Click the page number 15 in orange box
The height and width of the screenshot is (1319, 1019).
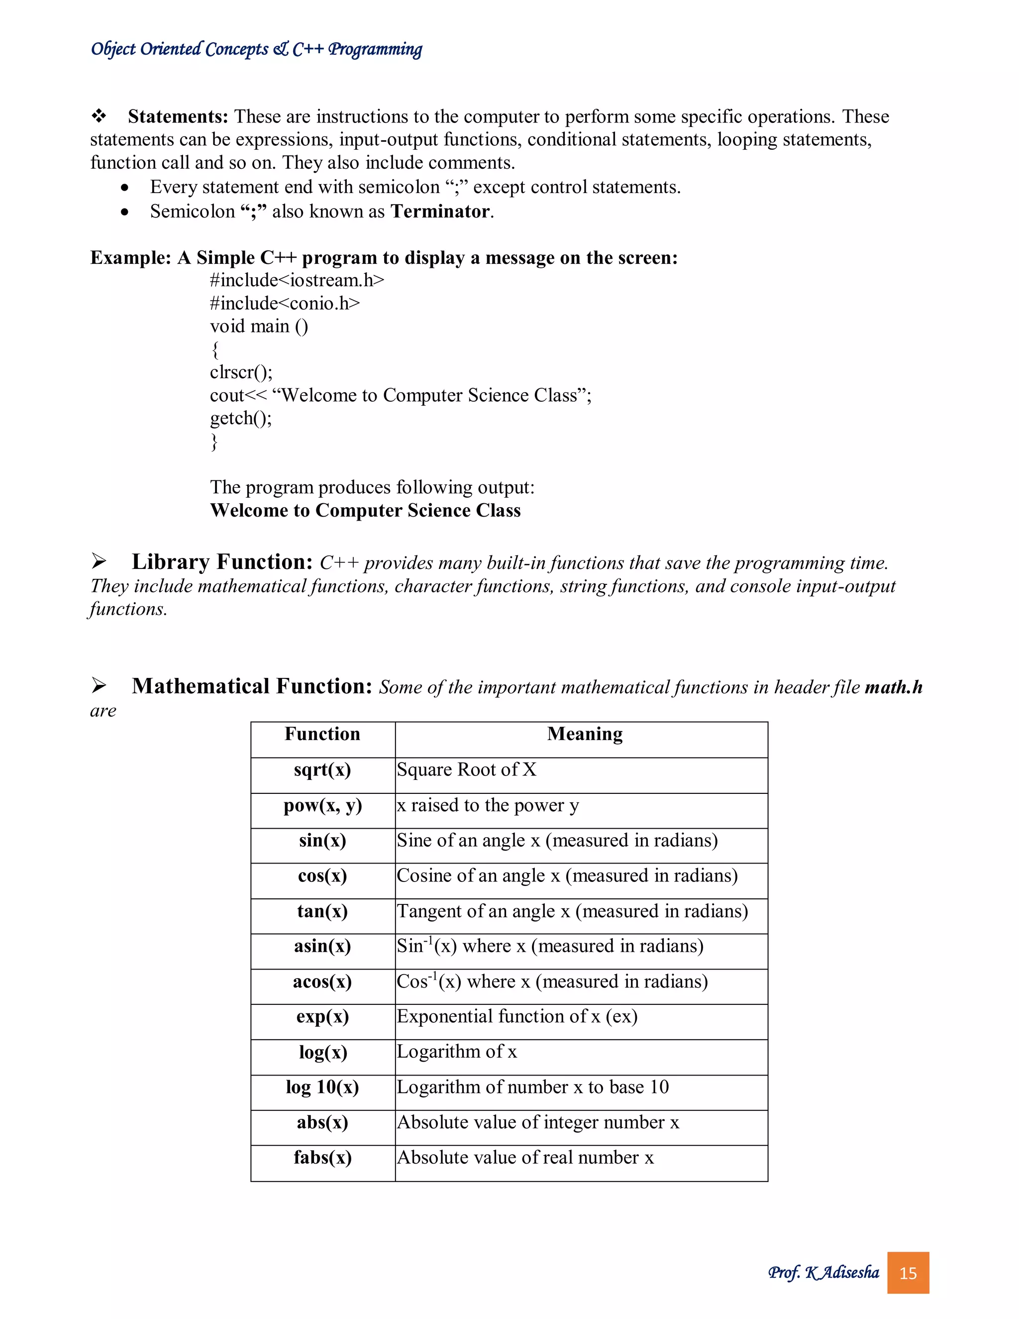pyautogui.click(x=908, y=1273)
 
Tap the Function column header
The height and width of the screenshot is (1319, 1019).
pyautogui.click(x=322, y=734)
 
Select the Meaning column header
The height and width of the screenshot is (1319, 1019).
pyautogui.click(x=584, y=734)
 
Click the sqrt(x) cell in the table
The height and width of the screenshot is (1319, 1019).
pyautogui.click(x=322, y=770)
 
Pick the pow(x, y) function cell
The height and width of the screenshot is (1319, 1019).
pyautogui.click(x=322, y=806)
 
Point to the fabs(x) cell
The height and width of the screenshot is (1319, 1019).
pyautogui.click(x=322, y=1158)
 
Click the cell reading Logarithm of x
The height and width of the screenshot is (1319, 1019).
pyautogui.click(x=457, y=1052)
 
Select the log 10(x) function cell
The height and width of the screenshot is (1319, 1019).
pyautogui.click(x=322, y=1087)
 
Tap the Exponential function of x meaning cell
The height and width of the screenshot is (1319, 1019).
pyautogui.click(x=517, y=1016)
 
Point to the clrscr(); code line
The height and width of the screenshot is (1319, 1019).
pyautogui.click(x=241, y=372)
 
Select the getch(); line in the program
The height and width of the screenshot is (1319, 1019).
pyautogui.click(x=241, y=418)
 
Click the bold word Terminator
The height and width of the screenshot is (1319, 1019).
pyautogui.click(x=440, y=212)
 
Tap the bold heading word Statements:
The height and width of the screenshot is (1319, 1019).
pyautogui.click(x=178, y=116)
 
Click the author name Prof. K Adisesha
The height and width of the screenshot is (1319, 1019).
pyautogui.click(x=823, y=1273)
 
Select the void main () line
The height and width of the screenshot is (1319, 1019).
pyautogui.click(x=259, y=326)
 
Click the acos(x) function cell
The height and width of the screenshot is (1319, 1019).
pyautogui.click(x=322, y=982)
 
